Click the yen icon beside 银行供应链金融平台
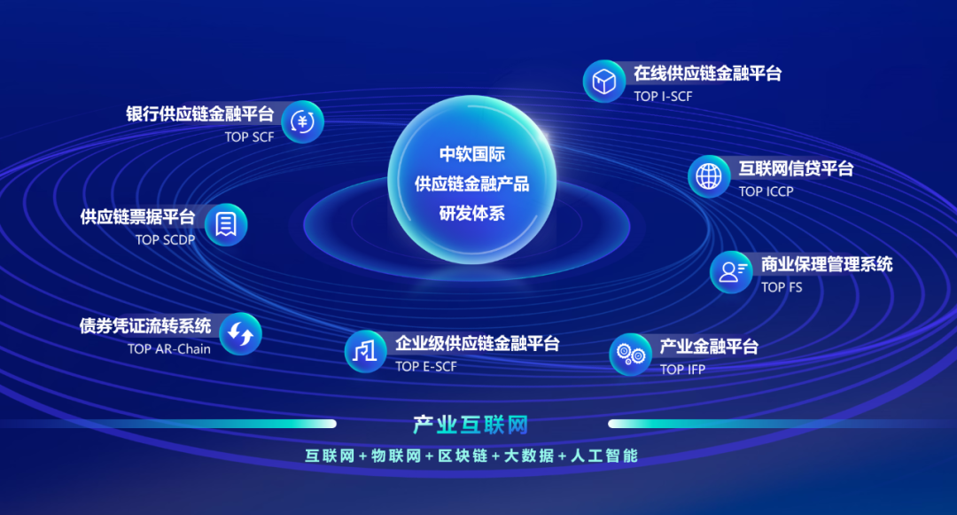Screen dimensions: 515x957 [x=303, y=122]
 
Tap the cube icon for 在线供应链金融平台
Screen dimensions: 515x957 [x=604, y=82]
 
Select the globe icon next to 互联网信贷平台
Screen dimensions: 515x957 [x=709, y=176]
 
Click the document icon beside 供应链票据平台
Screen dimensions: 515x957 [x=226, y=224]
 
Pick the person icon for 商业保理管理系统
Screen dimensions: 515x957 [x=731, y=272]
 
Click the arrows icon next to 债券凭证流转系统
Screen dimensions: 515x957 [x=240, y=334]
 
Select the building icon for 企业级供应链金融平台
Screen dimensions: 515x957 [x=365, y=352]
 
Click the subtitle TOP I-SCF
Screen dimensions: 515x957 [x=663, y=97]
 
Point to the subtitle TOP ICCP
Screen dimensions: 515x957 [x=766, y=191]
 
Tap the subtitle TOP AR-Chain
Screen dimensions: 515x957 [x=169, y=349]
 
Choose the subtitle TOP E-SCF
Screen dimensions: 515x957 [x=426, y=367]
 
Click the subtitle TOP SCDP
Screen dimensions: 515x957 [x=165, y=239]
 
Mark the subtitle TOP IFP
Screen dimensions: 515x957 [x=682, y=370]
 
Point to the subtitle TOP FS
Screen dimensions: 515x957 [x=782, y=287]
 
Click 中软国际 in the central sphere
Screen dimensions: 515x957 [x=471, y=154]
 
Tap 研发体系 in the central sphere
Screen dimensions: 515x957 [x=471, y=214]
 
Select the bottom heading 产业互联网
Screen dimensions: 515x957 [x=471, y=425]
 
